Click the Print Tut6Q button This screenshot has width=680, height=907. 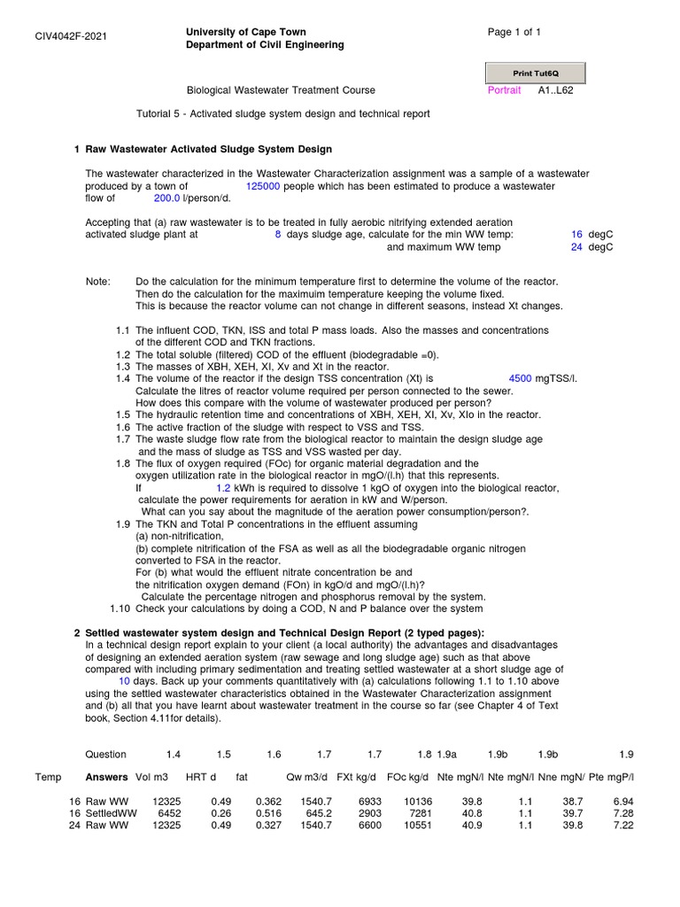coord(535,73)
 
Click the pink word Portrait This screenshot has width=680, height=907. coord(506,90)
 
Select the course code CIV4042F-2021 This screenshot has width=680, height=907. coord(71,36)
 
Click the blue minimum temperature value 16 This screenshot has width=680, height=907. coord(576,235)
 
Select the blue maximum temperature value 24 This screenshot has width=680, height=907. coord(576,247)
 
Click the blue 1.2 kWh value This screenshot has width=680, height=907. coord(223,488)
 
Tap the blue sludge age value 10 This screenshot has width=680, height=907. coord(124,682)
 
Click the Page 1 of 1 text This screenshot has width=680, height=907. coord(514,33)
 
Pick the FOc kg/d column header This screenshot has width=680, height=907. coord(407,777)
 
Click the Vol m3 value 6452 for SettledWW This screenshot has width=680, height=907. coord(168,812)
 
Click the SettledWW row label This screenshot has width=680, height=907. coord(111,812)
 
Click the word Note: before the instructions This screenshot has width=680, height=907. coord(98,281)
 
